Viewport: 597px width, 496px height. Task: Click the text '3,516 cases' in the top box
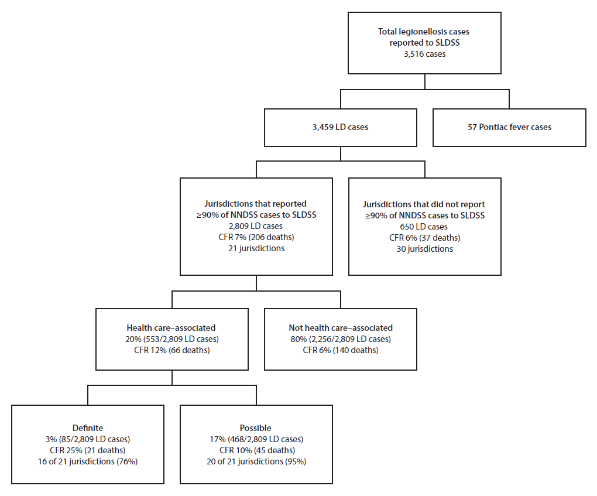[424, 54]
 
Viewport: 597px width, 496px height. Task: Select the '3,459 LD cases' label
[339, 127]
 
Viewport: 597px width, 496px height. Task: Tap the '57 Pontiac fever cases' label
[509, 127]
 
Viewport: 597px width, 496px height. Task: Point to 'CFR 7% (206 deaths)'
[256, 237]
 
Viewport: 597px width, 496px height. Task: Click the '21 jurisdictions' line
[256, 248]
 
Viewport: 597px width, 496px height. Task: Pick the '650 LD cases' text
[424, 226]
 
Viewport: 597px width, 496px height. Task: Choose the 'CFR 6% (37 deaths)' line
[424, 237]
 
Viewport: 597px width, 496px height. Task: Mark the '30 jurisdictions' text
[424, 248]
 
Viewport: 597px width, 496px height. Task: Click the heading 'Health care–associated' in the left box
[171, 328]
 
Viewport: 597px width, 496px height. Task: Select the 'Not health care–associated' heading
[341, 328]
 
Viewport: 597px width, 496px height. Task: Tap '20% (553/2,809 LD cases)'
[171, 339]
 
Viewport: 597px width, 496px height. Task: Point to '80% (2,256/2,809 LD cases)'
[341, 339]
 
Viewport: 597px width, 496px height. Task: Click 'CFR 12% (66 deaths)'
[171, 350]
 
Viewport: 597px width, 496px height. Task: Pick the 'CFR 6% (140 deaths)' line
[341, 350]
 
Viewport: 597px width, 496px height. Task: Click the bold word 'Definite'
[87, 428]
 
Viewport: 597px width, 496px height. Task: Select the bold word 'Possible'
[256, 428]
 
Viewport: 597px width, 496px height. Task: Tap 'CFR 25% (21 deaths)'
[87, 450]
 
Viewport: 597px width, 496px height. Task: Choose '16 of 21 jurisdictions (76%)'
[87, 461]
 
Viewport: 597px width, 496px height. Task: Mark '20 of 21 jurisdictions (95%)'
[256, 461]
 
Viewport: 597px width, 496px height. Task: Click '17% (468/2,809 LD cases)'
[256, 439]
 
